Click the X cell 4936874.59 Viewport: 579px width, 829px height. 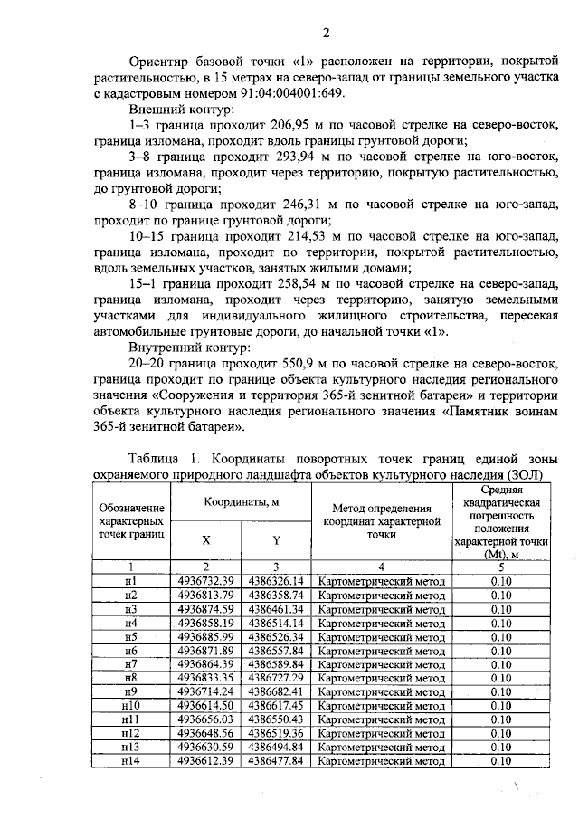pyautogui.click(x=206, y=609)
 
